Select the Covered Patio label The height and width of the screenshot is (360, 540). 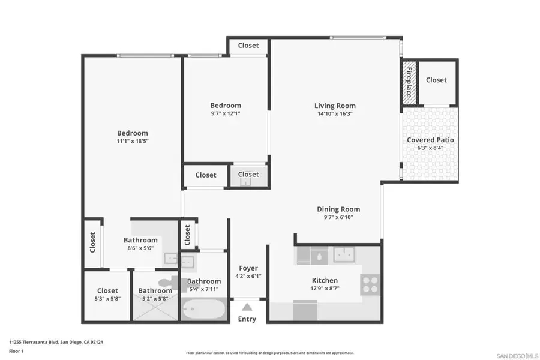coord(430,140)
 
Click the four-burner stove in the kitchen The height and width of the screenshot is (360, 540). coord(370,283)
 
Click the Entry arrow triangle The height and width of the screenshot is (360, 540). coord(247,307)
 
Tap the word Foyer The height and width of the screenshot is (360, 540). coord(248,268)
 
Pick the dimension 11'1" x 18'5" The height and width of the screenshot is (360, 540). coord(132,141)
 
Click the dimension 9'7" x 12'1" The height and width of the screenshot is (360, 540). coord(226,113)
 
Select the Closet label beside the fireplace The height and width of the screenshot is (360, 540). coord(436,80)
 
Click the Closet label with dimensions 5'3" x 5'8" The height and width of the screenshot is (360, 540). coord(107,290)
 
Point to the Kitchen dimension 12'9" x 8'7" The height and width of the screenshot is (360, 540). coord(325,289)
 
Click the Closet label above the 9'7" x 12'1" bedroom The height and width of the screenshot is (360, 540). coord(248,46)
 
